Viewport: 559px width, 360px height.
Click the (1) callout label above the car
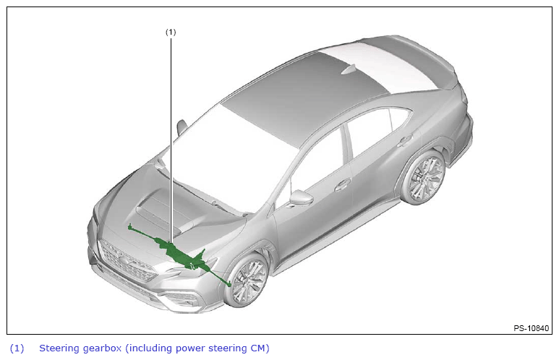(171, 32)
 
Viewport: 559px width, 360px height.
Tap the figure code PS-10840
(531, 328)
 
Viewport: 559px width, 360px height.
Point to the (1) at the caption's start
(17, 348)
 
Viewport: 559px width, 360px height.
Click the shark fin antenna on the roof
(349, 69)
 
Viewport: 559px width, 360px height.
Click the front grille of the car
(127, 262)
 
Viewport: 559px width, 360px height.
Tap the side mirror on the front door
(301, 198)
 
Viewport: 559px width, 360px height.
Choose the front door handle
(343, 184)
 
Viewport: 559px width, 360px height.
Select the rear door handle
(405, 140)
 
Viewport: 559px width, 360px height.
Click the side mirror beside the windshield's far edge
(182, 127)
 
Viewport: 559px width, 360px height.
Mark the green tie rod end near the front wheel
(229, 283)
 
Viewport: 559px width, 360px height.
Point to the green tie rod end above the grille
(130, 226)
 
